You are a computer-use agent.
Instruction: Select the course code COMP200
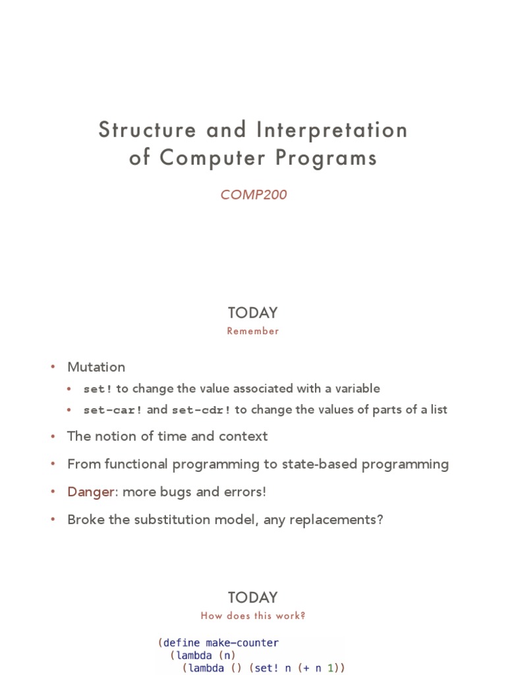(x=253, y=195)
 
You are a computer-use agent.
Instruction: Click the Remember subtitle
(x=253, y=332)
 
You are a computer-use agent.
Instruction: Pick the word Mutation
(x=96, y=367)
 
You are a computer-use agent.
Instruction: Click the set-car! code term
(x=113, y=410)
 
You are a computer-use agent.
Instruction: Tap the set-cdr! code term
(x=201, y=410)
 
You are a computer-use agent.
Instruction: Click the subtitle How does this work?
(x=253, y=616)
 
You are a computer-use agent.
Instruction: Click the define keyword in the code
(x=182, y=643)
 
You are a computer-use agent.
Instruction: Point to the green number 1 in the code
(x=333, y=668)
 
